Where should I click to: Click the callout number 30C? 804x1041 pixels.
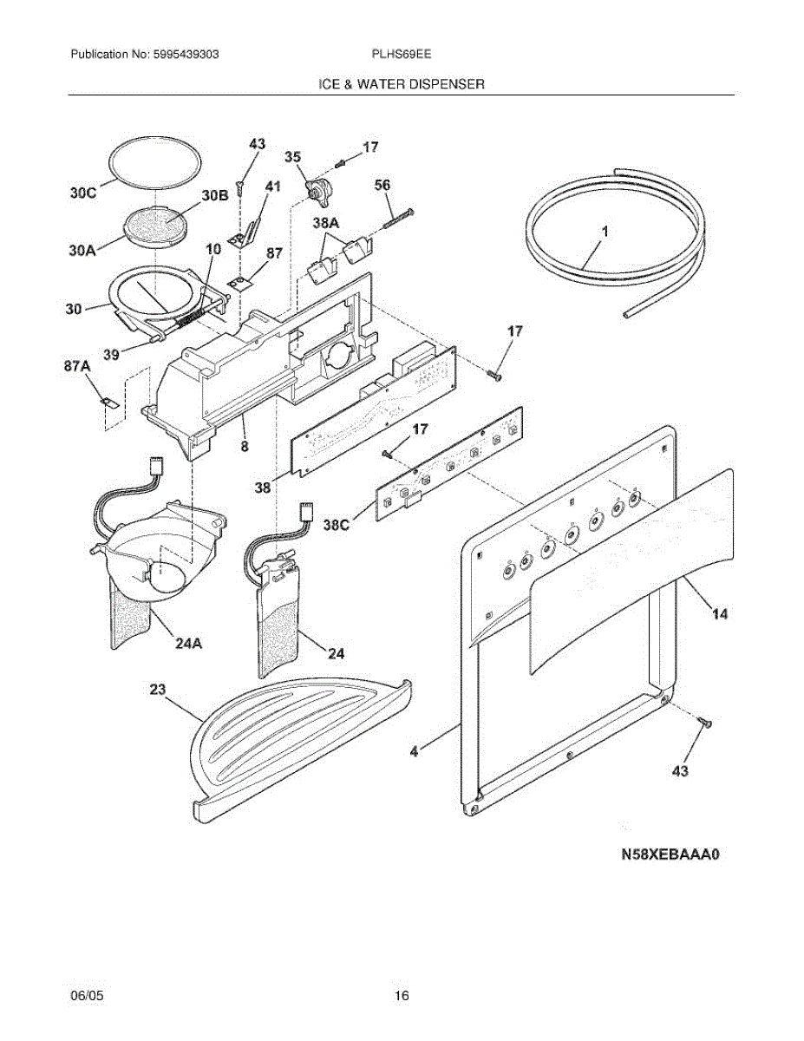[x=84, y=193]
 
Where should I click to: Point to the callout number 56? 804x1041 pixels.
[x=382, y=185]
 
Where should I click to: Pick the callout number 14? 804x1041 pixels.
[x=719, y=614]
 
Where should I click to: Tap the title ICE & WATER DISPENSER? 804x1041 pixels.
[x=402, y=84]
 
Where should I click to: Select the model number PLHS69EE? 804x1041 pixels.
[x=402, y=54]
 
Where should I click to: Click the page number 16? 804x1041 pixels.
[x=402, y=995]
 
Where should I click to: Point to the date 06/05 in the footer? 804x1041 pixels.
[x=84, y=995]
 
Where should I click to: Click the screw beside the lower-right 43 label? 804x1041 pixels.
[x=703, y=721]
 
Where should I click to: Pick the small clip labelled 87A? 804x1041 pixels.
[x=107, y=402]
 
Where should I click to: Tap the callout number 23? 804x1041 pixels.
[x=157, y=690]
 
